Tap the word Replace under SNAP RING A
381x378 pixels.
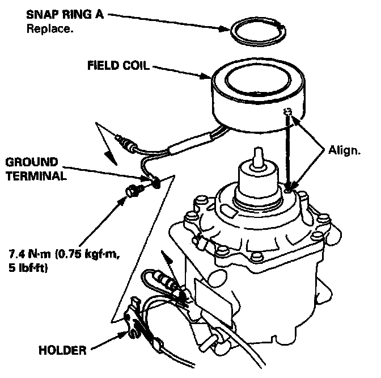point(50,28)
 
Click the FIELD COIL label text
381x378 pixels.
point(117,65)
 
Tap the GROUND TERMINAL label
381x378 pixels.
point(32,169)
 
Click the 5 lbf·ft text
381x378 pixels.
point(28,268)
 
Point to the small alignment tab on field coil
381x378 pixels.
point(288,111)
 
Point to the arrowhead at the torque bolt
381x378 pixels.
point(122,201)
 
